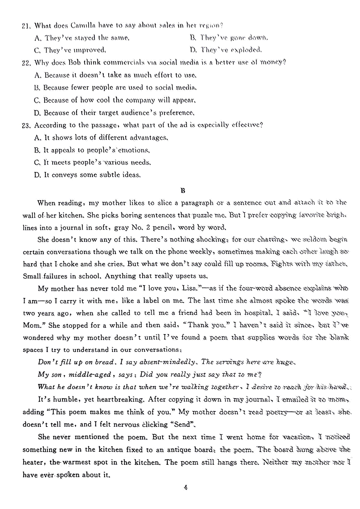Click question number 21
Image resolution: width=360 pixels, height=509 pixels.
tap(26, 26)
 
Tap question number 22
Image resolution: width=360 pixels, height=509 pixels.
tap(26, 63)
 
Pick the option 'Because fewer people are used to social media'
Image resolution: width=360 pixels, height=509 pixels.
tap(115, 88)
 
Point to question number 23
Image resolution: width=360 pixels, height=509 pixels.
tap(26, 126)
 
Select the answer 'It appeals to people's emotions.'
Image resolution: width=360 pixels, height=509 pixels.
tap(92, 150)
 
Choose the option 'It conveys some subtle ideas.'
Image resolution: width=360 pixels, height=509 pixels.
tap(87, 175)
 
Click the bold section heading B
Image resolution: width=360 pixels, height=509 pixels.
tap(183, 190)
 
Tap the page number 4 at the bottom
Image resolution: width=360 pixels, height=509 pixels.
tap(186, 487)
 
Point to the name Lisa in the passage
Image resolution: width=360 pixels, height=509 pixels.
tap(189, 288)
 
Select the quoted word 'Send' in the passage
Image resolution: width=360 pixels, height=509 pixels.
tap(182, 424)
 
